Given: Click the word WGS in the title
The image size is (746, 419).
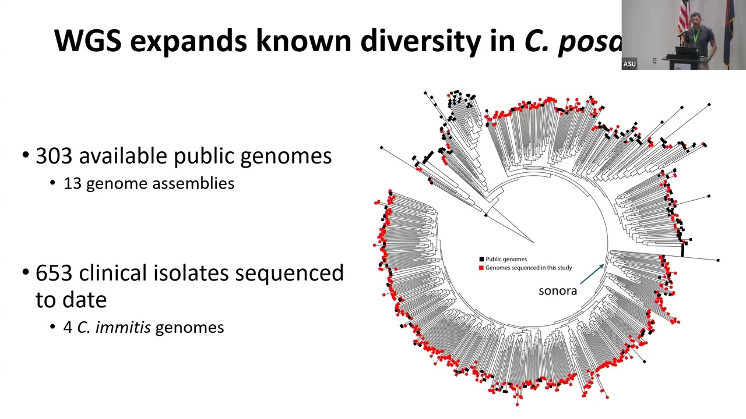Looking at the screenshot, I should click(87, 41).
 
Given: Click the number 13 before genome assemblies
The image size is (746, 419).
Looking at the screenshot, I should click(72, 183).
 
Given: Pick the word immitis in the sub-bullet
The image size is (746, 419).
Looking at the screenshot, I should click(123, 327).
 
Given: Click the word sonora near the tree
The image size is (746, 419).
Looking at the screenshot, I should click(558, 291).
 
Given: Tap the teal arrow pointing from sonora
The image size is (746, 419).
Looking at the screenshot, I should click(593, 274).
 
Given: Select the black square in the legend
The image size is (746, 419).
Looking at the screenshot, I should click(481, 259).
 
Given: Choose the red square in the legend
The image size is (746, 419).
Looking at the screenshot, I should click(481, 268).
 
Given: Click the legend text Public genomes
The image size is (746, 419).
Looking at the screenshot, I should click(506, 259).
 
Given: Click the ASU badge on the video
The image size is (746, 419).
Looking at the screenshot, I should click(629, 64).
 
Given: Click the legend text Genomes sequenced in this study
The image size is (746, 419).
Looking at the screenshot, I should click(529, 268).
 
